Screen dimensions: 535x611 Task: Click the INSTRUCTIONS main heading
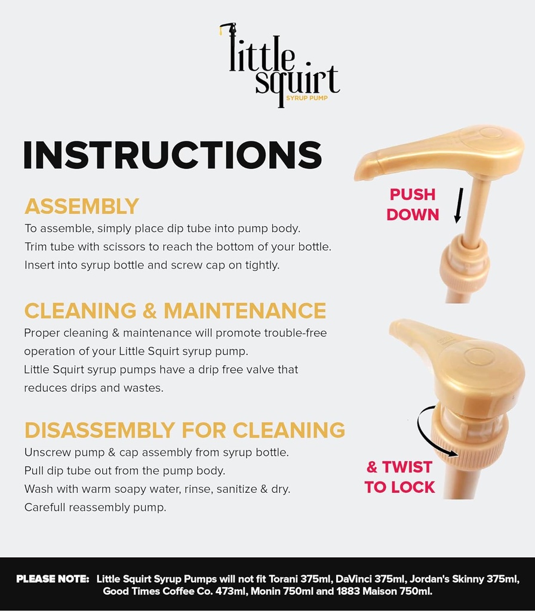[173, 155]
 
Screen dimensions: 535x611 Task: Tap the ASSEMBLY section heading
[82, 206]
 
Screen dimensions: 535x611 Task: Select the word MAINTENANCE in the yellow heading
[244, 310]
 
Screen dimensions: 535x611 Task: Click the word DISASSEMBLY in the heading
[100, 430]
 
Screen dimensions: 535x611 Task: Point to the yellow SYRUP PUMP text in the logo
[307, 98]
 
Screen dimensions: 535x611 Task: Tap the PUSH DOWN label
[413, 204]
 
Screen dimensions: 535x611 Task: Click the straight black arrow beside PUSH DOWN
[459, 205]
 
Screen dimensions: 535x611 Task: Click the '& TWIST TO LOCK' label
[399, 477]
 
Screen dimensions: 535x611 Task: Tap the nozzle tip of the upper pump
[361, 175]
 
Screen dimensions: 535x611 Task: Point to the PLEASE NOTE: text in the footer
[53, 579]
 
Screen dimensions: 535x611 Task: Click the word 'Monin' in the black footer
[264, 591]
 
